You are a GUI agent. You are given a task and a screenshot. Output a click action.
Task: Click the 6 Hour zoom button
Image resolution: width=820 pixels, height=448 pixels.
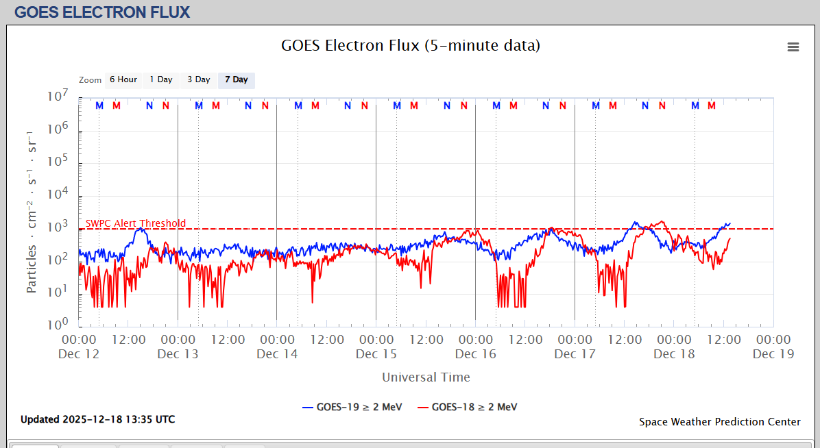123,79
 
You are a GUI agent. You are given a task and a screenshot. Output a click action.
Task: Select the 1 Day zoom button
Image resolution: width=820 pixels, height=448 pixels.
161,79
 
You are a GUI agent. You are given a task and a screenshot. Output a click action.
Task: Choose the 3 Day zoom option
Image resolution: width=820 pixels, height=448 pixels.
199,79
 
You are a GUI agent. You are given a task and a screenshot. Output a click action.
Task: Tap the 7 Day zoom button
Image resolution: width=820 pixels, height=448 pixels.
237,79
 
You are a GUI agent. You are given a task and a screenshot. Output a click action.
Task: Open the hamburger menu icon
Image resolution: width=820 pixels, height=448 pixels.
793,47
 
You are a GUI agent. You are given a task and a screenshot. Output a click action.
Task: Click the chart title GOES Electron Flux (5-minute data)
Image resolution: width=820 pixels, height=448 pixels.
410,46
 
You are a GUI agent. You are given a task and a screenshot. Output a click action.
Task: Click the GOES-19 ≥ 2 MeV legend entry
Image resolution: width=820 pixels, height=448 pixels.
352,407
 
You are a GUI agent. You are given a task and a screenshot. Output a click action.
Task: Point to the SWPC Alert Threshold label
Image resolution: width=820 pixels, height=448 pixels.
135,224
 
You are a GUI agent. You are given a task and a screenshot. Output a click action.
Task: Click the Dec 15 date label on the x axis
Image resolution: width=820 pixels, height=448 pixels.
376,354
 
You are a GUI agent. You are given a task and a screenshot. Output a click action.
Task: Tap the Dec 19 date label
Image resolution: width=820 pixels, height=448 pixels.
773,354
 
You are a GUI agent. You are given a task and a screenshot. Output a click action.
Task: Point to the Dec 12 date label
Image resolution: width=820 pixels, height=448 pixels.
79,354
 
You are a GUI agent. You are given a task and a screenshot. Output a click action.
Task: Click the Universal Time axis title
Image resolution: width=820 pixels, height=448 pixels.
426,377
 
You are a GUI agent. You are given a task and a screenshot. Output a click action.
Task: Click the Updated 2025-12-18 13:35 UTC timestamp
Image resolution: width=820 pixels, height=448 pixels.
97,419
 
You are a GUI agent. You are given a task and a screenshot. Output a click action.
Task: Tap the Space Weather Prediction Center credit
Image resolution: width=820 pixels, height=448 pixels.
720,422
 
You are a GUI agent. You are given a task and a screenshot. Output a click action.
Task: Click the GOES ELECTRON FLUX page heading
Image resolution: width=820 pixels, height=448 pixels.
102,12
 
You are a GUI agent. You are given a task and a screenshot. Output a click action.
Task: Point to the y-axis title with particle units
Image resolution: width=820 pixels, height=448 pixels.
32,211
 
